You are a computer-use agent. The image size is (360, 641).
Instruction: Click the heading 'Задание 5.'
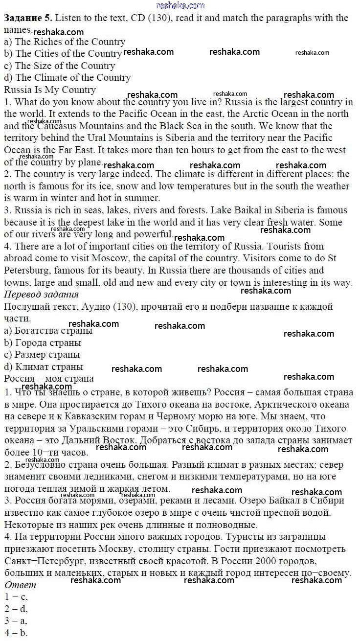(x=27, y=18)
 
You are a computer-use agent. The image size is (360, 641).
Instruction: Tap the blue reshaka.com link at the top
(x=180, y=5)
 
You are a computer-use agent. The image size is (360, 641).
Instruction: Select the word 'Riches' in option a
(x=48, y=42)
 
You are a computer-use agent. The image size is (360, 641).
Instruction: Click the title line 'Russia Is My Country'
(x=50, y=90)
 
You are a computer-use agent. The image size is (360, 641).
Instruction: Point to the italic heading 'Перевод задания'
(x=41, y=294)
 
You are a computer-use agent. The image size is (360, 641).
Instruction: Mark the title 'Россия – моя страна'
(x=49, y=379)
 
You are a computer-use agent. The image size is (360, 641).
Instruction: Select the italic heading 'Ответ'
(x=20, y=585)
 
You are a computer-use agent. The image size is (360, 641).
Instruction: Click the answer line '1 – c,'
(x=16, y=597)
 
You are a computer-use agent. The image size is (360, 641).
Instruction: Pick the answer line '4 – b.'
(x=16, y=633)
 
